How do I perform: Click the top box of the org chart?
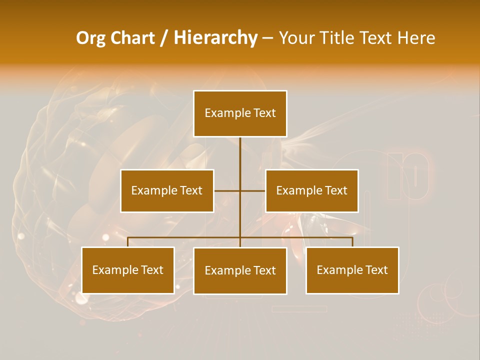(240, 113)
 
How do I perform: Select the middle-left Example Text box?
(167, 190)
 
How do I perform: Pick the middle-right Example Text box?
(311, 190)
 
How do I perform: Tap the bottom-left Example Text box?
(128, 270)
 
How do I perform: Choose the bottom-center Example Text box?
(240, 270)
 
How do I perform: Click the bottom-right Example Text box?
(352, 270)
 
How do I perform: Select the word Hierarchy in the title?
(215, 38)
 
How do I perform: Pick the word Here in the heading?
(416, 38)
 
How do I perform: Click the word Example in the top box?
(228, 113)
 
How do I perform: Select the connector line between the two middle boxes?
(227, 190)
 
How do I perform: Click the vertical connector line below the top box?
(240, 155)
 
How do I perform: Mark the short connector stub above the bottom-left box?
(128, 242)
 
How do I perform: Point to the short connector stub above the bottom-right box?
(352, 242)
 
